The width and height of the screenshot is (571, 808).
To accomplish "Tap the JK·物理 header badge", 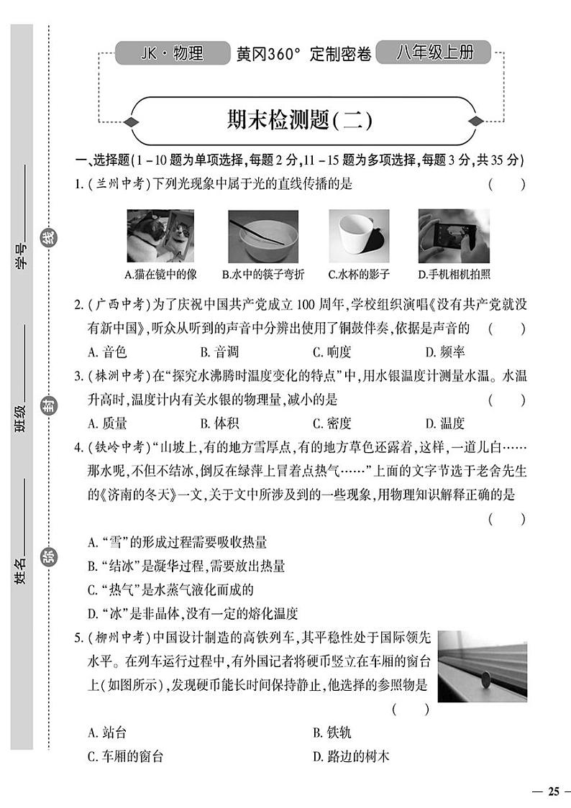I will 170,53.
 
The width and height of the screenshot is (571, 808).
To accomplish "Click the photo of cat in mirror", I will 160,236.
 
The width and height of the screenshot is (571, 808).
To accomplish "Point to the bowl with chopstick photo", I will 263,236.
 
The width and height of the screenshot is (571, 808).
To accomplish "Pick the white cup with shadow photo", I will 358,236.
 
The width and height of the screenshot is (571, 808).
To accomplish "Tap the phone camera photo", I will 454,236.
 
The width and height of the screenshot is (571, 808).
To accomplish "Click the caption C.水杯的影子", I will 358,274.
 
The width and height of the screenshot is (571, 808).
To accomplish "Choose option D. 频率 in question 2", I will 445,352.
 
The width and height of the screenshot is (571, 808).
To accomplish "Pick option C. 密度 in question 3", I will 332,423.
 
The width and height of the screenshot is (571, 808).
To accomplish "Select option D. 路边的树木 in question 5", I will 351,756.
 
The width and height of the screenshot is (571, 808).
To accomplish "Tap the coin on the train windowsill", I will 485,678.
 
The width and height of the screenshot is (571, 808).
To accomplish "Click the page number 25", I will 552,791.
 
